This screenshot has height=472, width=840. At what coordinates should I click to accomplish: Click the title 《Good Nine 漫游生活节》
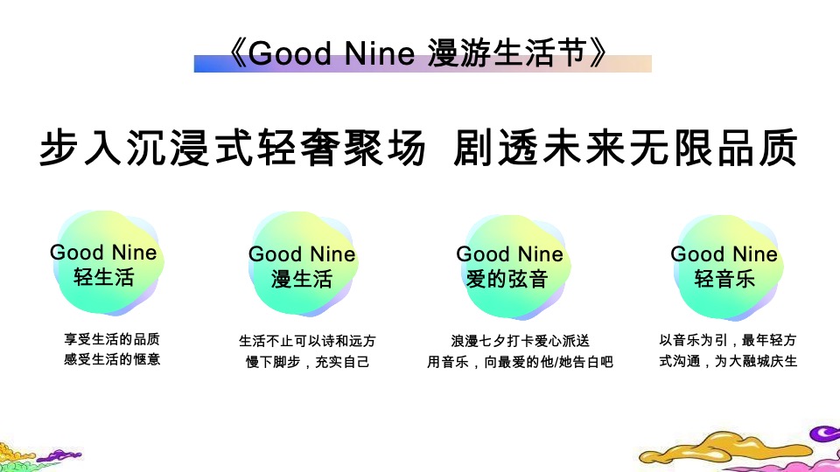coord(416,53)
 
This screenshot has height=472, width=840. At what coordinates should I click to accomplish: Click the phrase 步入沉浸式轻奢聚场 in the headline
coord(233,149)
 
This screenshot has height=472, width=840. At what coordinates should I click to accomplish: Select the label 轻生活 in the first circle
coord(104,279)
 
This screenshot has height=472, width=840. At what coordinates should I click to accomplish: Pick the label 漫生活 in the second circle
coord(302,280)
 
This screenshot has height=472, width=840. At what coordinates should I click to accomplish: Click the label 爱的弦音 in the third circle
coord(508,280)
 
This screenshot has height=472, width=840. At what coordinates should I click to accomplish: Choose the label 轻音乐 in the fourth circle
coord(724,280)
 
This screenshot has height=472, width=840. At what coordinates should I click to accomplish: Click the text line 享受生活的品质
coord(106,339)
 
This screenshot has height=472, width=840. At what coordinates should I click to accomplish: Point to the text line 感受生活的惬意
coord(106,358)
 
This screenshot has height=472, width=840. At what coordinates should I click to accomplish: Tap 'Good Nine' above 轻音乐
coord(724,254)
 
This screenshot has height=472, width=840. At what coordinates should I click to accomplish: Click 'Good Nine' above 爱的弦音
coord(509,254)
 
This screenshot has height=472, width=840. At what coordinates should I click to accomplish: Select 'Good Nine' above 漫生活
coord(302,254)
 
